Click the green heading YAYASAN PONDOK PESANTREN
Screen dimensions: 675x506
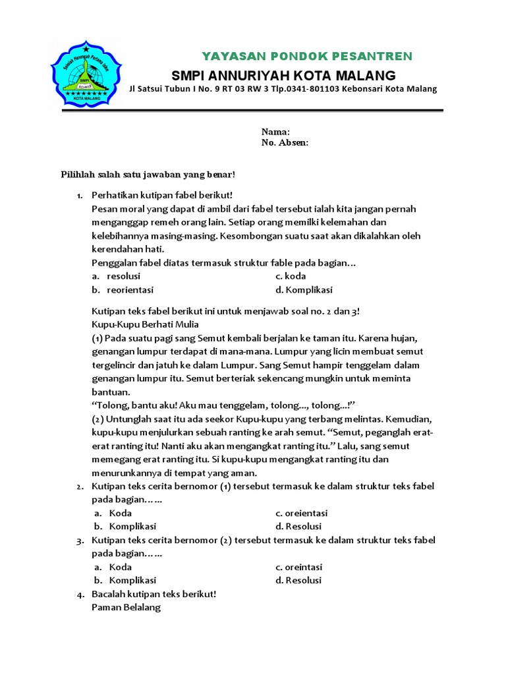[x=306, y=55]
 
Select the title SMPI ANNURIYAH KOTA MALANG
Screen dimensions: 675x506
[x=283, y=74]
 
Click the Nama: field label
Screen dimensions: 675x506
[x=275, y=132]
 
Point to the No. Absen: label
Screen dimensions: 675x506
[x=285, y=142]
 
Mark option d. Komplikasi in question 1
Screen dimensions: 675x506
[x=304, y=290]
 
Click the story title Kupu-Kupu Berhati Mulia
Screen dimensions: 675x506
[x=145, y=324]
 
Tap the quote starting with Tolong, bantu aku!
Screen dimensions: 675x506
[x=224, y=405]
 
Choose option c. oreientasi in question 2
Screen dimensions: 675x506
[x=302, y=513]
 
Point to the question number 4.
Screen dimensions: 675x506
[x=79, y=595]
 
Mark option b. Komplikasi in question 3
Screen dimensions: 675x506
[x=125, y=581]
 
